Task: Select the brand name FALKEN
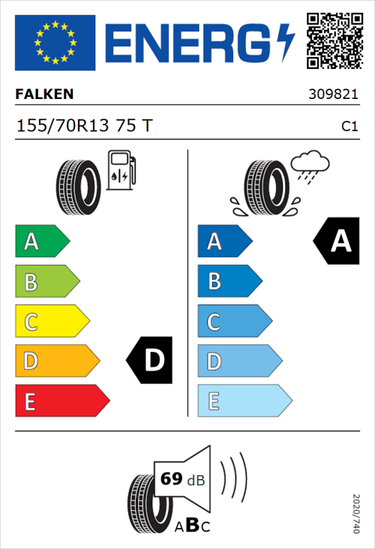45,94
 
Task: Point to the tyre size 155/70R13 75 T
84,126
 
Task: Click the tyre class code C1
349,127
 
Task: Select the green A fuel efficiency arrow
41,241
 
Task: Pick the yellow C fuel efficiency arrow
51,322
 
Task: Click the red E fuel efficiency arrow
61,401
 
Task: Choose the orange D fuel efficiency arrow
56,361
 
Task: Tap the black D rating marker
151,361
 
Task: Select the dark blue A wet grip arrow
224,241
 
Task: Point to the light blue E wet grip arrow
244,401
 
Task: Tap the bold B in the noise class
191,526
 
